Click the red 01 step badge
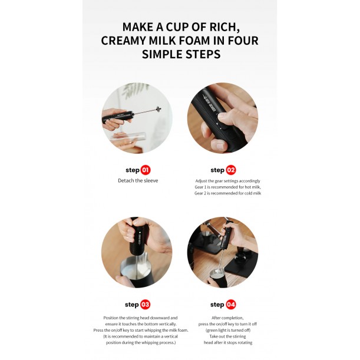coord(146,170)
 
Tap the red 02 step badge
coord(230,170)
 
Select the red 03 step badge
coord(146,305)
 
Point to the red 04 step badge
coord(230,305)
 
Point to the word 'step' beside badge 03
coord(131,305)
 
